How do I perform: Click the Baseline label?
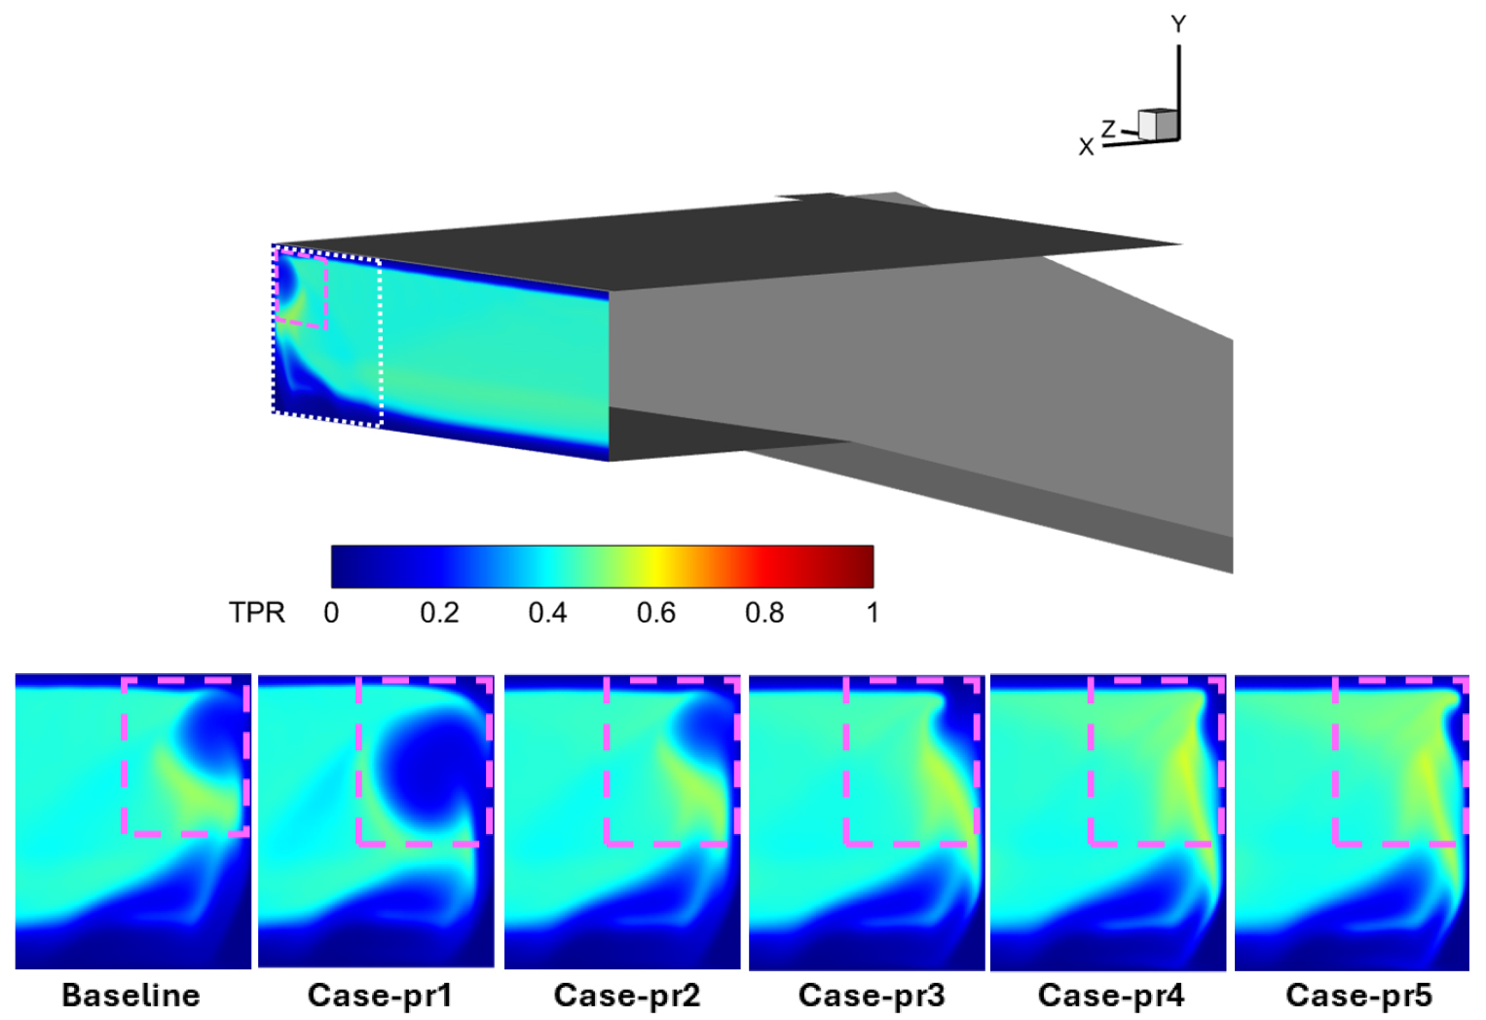click(x=130, y=996)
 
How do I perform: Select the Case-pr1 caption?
click(x=380, y=996)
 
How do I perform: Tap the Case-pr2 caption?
click(x=627, y=996)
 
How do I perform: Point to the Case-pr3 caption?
click(x=872, y=996)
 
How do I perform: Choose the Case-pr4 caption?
click(x=1111, y=996)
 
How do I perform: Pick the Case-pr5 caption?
click(x=1359, y=996)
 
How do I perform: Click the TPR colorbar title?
click(x=257, y=613)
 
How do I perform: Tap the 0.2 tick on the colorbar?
click(x=439, y=613)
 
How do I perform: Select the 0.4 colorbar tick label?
click(x=547, y=613)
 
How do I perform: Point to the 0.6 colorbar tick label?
click(x=656, y=613)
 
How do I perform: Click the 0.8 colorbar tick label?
click(x=764, y=613)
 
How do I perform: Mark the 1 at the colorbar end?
click(x=873, y=613)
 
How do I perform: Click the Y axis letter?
click(x=1178, y=24)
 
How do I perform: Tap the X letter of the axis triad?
click(x=1086, y=147)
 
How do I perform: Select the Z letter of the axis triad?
click(x=1108, y=129)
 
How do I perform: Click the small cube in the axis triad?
click(x=1158, y=124)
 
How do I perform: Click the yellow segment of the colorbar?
click(x=654, y=567)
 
